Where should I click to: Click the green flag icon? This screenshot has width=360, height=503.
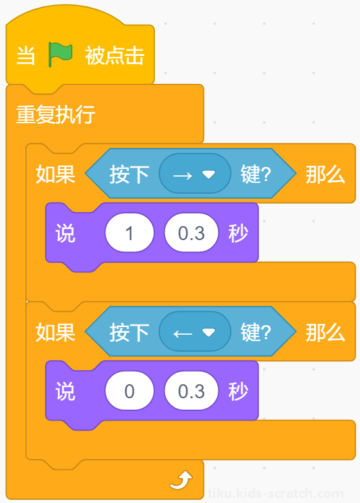coord(60,55)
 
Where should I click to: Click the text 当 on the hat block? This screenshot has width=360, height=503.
coord(25,55)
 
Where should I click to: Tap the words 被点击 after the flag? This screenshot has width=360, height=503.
coord(114,55)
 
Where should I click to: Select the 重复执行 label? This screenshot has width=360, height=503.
coord(55,114)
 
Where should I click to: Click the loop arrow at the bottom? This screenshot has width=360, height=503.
coord(181,480)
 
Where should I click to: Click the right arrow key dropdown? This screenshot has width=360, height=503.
coord(195,173)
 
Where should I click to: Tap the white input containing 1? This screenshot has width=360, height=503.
coord(130,232)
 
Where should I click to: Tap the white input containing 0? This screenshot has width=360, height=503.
coord(130,391)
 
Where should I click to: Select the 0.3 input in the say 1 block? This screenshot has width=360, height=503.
coord(191,232)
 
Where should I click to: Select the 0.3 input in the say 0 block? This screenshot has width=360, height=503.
coord(191,391)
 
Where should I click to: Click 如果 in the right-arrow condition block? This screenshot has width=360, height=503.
coord(55,174)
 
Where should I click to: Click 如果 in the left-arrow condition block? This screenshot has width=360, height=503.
coord(55,332)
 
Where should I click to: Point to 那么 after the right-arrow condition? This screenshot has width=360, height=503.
coord(325,174)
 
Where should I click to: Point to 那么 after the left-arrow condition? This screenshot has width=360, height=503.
coord(325,332)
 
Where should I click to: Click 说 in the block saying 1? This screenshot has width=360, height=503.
coord(65,233)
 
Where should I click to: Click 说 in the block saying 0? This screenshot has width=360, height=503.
coord(65,391)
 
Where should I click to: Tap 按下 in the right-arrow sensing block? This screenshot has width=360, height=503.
coord(130,174)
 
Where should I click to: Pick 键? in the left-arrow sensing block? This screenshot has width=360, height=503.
coord(256,332)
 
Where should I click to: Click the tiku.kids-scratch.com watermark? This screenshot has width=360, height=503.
coord(276,493)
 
